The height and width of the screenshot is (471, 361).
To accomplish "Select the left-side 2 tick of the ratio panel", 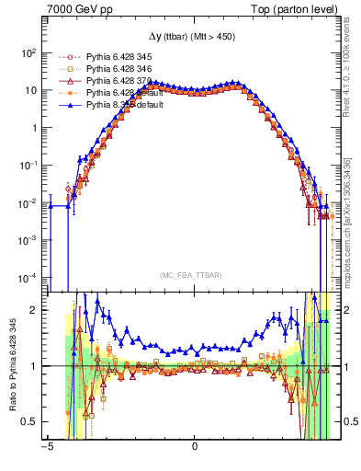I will pos(33,310).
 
